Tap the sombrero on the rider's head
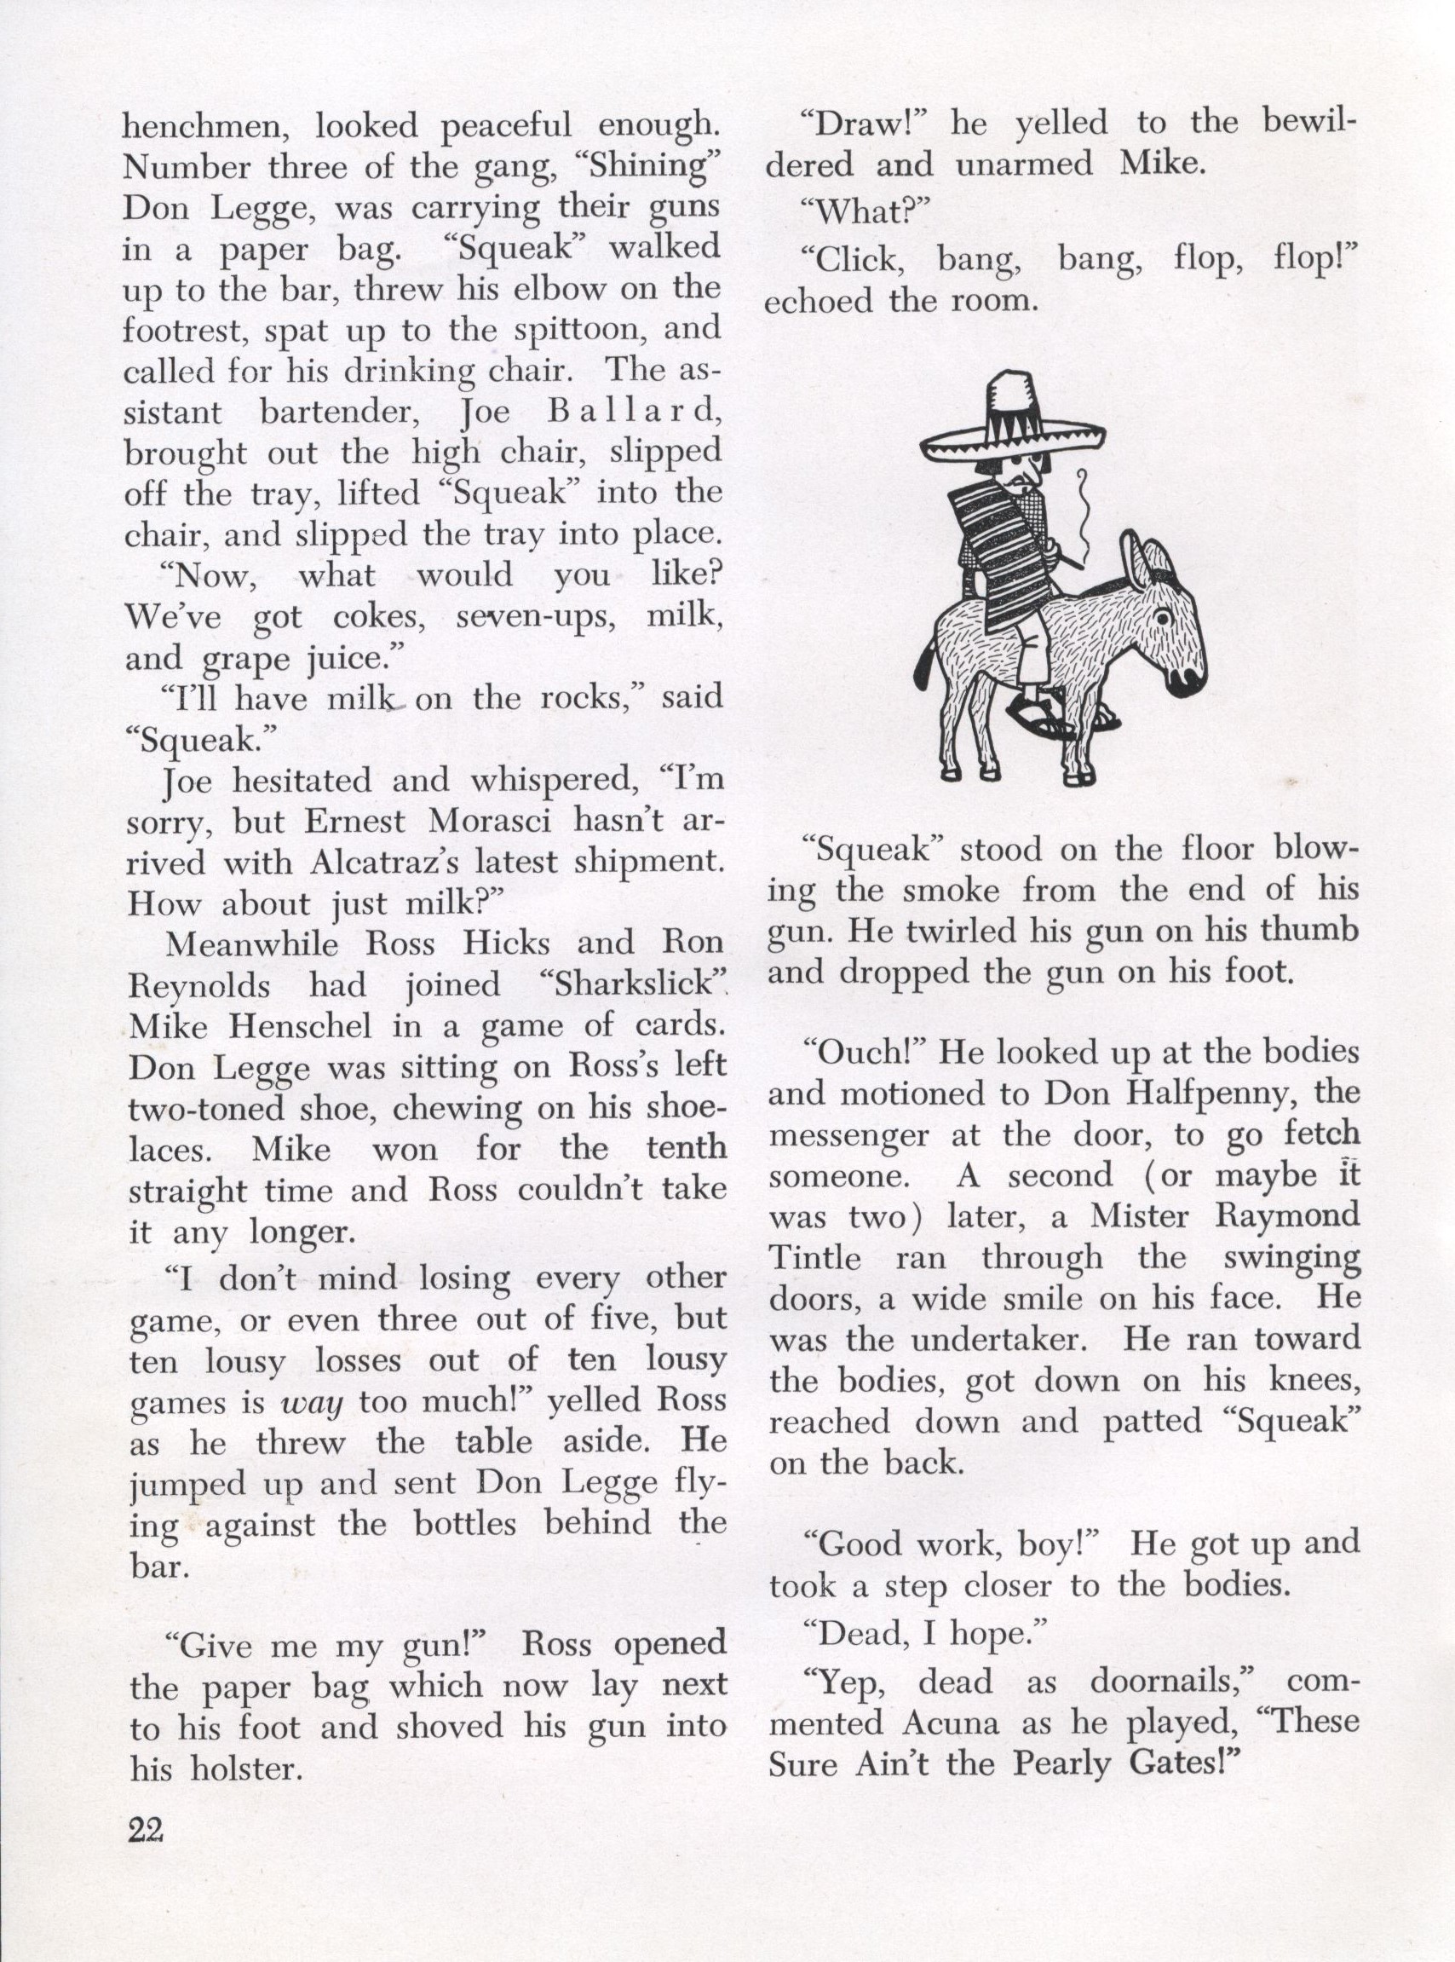coord(1013,418)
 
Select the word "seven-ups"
coord(529,618)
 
